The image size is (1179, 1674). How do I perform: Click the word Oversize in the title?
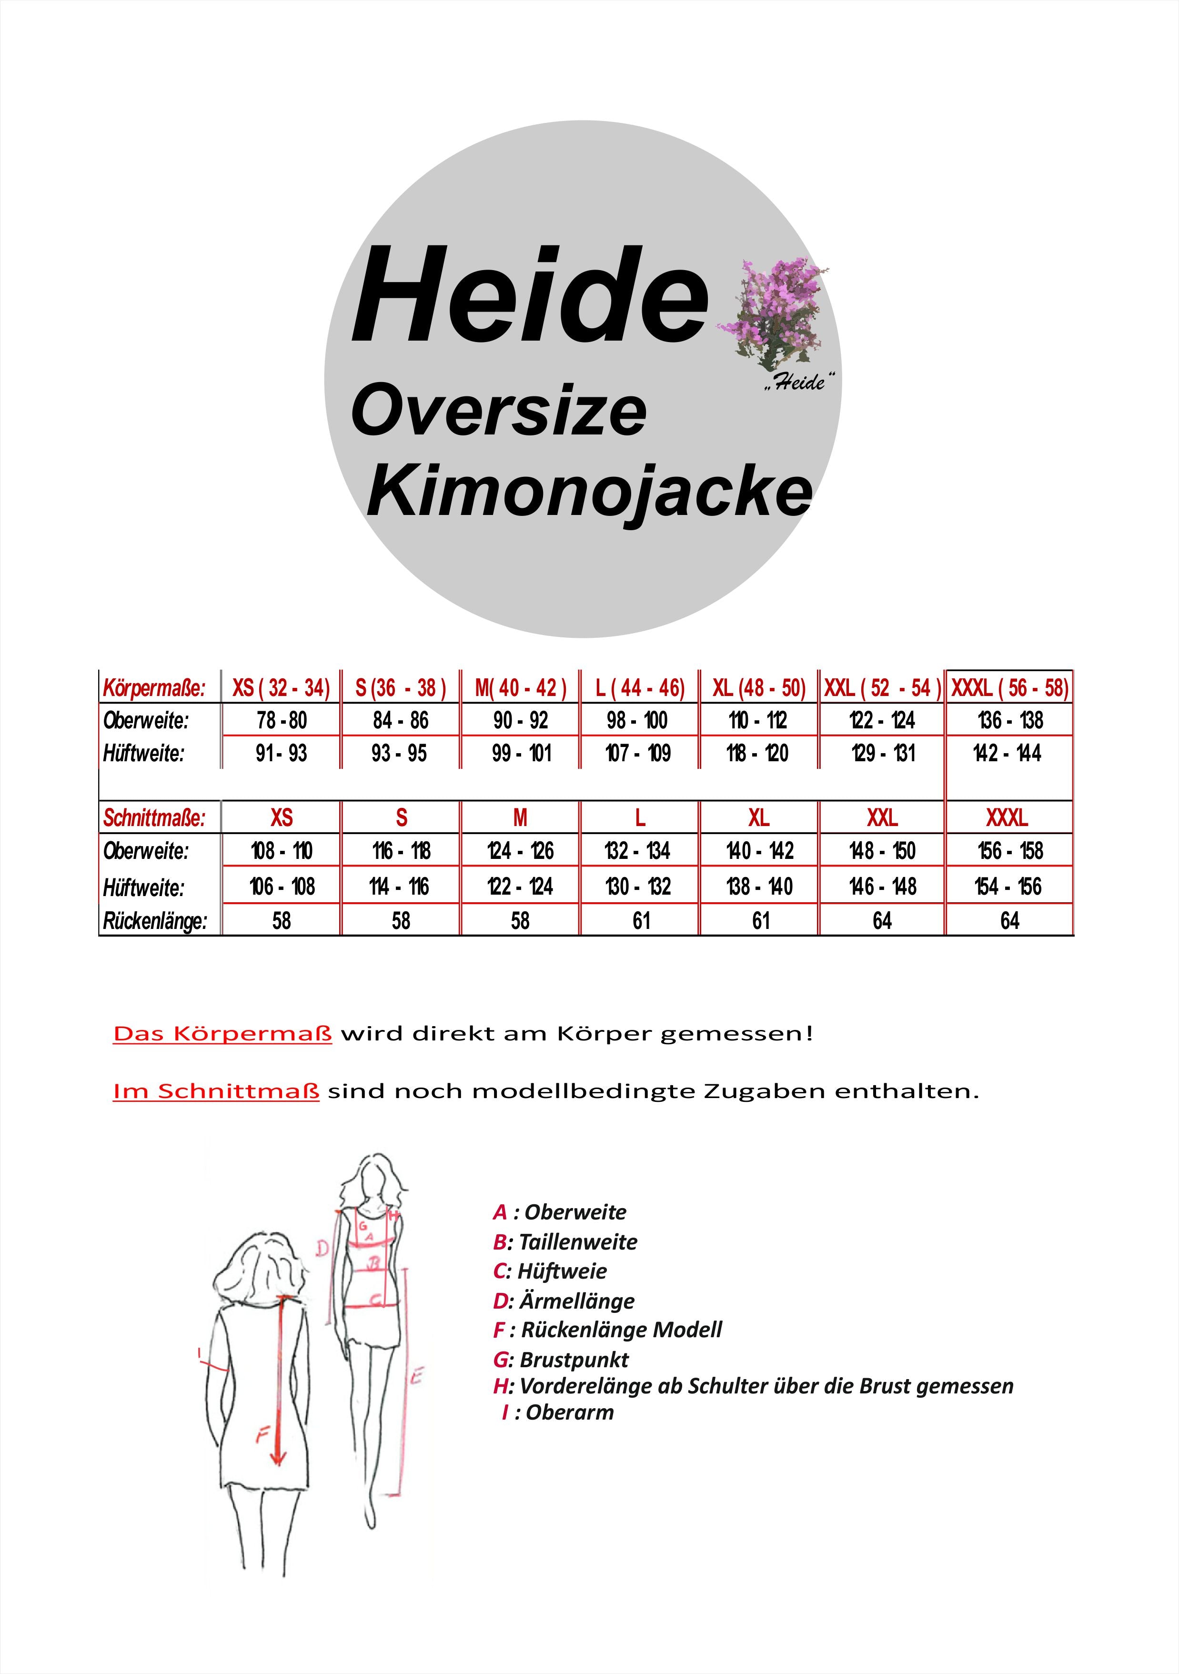point(499,412)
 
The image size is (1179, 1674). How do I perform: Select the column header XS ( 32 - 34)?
point(281,687)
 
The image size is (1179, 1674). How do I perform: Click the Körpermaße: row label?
point(154,687)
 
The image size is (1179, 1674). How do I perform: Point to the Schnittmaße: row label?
point(154,818)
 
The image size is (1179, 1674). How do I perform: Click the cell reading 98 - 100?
point(637,720)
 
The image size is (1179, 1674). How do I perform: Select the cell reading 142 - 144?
point(1007,753)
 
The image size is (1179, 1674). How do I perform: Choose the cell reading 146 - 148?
point(882,887)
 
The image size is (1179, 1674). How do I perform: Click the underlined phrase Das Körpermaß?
point(222,1034)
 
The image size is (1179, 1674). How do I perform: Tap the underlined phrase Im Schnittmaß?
point(216,1091)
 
